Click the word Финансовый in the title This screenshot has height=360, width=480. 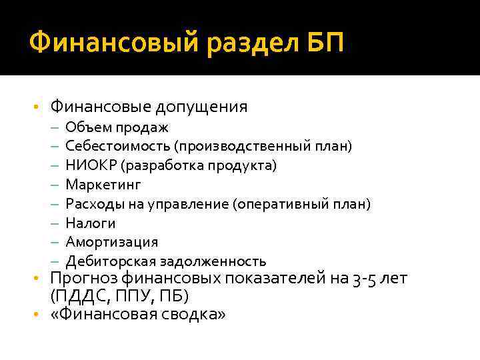113,44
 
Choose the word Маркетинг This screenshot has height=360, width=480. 103,184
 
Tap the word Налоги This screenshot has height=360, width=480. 91,223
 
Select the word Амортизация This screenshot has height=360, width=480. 112,241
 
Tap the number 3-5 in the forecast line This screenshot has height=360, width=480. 365,278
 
